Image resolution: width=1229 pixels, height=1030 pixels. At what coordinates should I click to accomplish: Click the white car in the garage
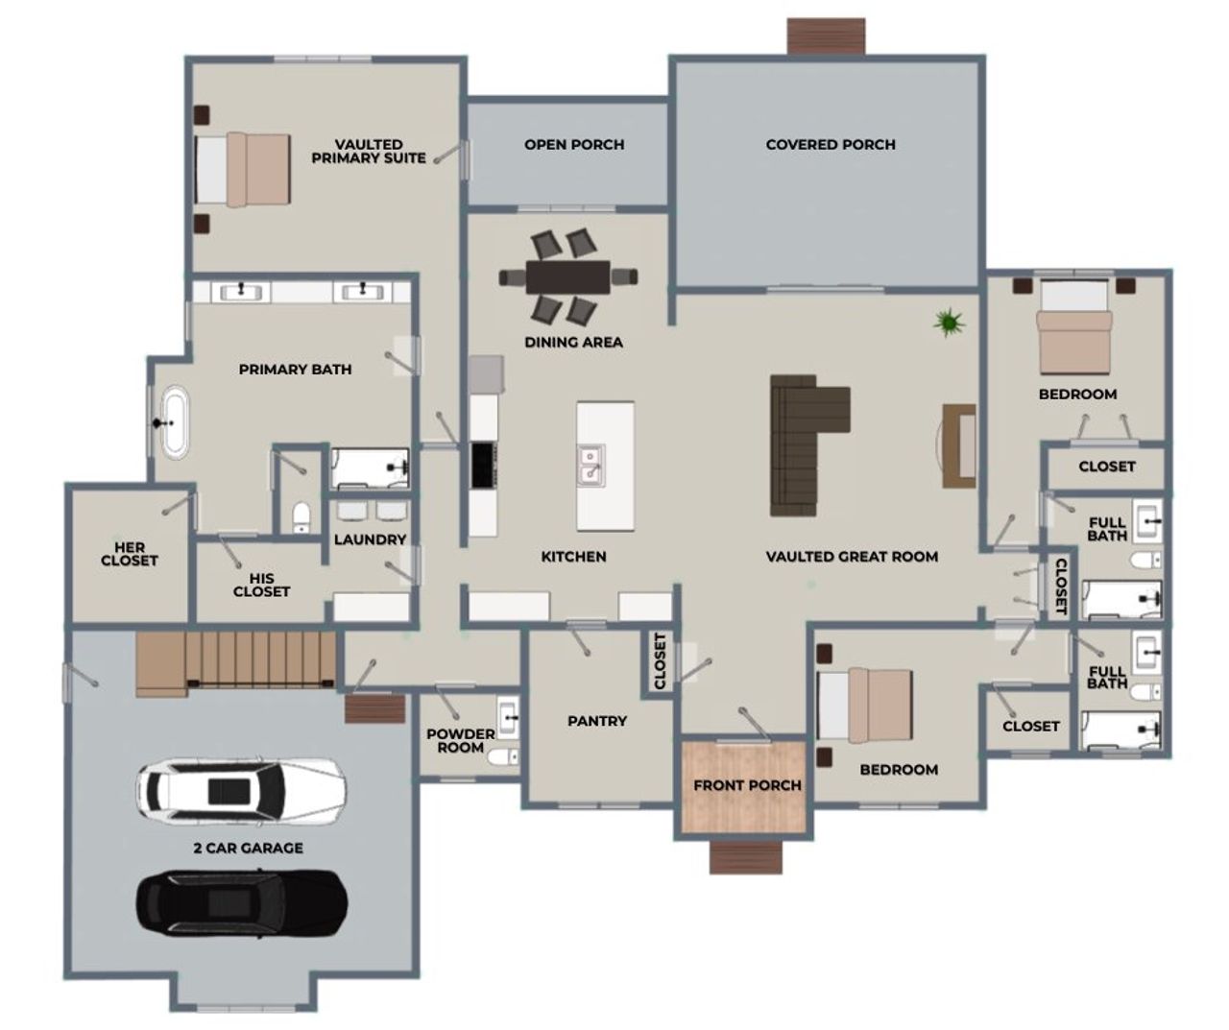(240, 789)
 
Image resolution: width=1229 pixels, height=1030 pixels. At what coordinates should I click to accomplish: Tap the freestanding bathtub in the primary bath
(174, 421)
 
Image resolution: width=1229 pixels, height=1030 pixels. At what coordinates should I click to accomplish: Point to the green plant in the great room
(949, 323)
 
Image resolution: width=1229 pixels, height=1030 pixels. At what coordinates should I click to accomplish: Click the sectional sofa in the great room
(802, 442)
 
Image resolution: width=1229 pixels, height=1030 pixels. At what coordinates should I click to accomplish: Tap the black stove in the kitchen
(483, 466)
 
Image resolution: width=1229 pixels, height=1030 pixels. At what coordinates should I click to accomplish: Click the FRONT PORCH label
(747, 785)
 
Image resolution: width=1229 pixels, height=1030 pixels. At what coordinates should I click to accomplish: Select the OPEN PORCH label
(574, 145)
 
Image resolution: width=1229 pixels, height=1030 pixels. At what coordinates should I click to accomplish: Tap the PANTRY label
(597, 721)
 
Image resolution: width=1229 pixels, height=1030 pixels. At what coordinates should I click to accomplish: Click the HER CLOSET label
(129, 554)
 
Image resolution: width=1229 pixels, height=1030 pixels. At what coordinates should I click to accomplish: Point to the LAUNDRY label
(370, 540)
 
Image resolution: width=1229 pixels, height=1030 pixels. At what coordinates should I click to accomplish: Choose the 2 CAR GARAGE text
(248, 849)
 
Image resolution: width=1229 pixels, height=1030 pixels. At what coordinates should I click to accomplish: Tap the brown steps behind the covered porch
(827, 36)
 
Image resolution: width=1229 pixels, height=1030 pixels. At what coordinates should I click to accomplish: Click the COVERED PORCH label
(831, 145)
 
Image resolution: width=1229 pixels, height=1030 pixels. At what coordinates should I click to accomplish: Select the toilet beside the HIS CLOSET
(301, 516)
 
